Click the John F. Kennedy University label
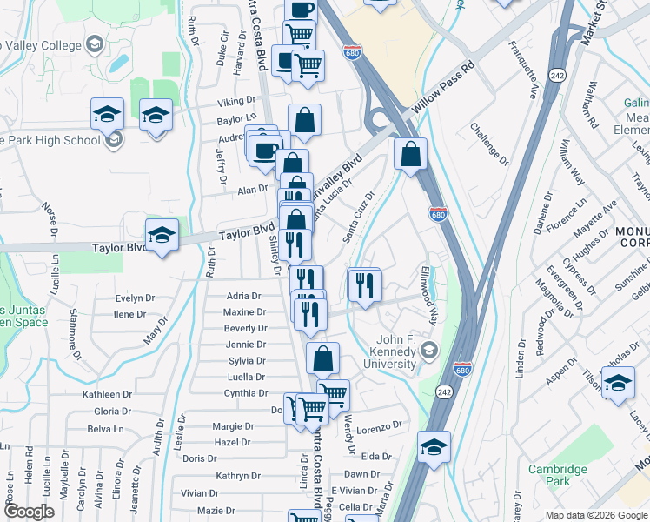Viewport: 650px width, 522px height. click(396, 351)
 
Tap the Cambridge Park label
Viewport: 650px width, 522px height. click(558, 475)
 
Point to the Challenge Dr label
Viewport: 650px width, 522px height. click(489, 144)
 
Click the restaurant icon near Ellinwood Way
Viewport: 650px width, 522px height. click(364, 284)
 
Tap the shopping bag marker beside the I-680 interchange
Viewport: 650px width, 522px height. click(410, 154)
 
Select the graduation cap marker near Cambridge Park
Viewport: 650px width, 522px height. click(617, 383)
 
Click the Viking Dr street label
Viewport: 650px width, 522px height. click(236, 102)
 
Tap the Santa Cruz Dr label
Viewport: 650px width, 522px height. click(357, 217)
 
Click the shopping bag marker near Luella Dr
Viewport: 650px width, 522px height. click(322, 358)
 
